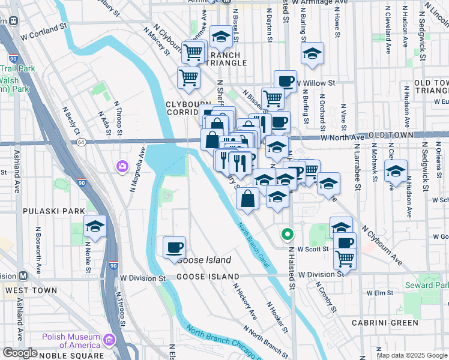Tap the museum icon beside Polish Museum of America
point(109,341)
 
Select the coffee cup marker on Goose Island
point(174,248)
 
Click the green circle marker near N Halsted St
point(288,234)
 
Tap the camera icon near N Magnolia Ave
point(122,166)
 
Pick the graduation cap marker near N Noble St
point(95,227)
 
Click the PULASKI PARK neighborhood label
point(47,211)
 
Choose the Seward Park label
point(427,284)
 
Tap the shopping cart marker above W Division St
point(345,259)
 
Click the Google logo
point(20,353)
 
